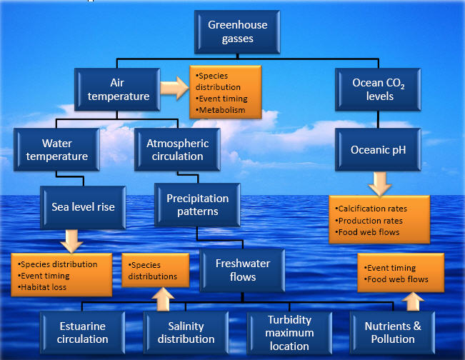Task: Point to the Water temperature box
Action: pos(55,148)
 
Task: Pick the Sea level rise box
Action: pos(84,207)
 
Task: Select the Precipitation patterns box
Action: pos(198,206)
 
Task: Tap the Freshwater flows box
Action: pos(243,269)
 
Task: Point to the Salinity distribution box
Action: pos(190,332)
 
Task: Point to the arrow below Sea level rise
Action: pos(71,239)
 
